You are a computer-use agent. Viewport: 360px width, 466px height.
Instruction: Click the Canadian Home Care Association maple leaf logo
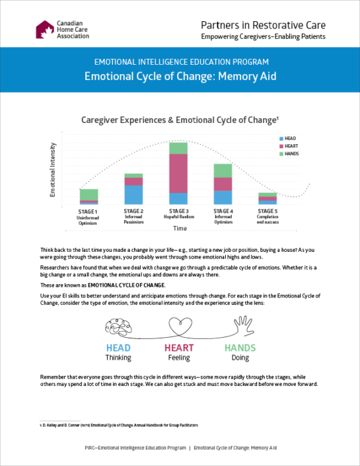(x=45, y=30)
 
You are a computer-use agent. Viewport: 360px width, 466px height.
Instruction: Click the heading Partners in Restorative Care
(x=263, y=25)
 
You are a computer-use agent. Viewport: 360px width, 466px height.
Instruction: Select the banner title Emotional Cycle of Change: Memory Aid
(x=180, y=76)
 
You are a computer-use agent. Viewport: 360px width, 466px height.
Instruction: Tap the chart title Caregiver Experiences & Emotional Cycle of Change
(x=179, y=120)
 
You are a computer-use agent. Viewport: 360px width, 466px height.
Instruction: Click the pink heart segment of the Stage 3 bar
(x=178, y=173)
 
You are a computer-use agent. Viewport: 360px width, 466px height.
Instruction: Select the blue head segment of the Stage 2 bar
(x=133, y=194)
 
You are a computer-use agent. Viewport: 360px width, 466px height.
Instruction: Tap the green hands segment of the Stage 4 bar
(x=223, y=171)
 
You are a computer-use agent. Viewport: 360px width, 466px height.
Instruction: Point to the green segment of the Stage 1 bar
(x=89, y=194)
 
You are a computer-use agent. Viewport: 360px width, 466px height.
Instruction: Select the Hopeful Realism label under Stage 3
(x=178, y=217)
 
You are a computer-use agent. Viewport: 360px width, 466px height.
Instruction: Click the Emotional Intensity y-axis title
(x=53, y=170)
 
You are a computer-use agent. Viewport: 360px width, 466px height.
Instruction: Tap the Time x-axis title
(x=180, y=228)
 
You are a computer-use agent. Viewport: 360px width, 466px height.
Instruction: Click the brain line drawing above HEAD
(x=120, y=325)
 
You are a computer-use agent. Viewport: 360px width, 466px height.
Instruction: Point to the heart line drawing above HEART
(x=179, y=325)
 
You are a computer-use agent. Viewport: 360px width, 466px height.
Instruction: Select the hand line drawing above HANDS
(x=240, y=325)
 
